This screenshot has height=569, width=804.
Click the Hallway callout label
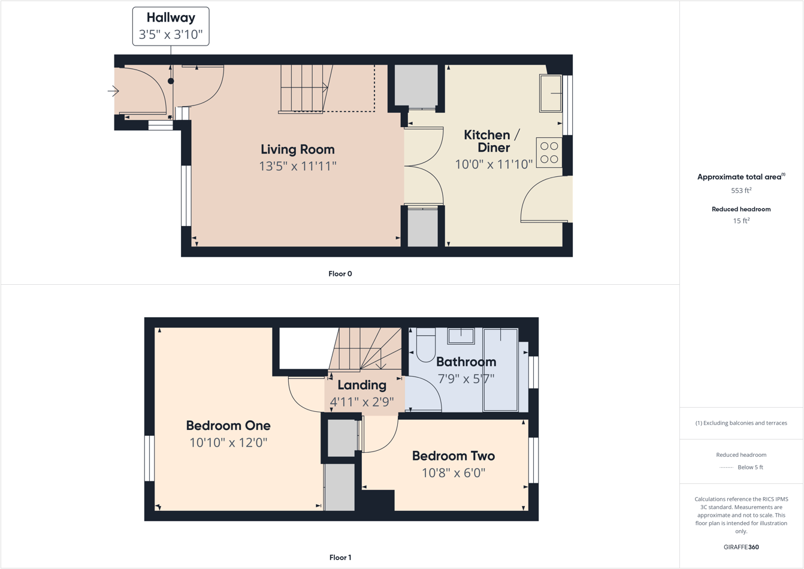171,26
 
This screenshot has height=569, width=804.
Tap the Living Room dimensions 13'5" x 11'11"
298,166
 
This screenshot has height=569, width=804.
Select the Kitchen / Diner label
493,141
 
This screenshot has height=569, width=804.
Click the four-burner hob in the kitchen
549,152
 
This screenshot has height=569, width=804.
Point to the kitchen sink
551,93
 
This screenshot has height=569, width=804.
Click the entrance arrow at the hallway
113,91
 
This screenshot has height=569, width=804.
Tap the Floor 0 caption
340,274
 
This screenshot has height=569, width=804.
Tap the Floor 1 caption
340,558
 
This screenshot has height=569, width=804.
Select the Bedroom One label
228,426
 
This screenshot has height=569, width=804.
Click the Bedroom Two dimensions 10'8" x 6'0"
454,473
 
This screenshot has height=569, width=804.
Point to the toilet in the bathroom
425,346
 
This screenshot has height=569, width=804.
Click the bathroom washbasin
461,336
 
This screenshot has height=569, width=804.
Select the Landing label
362,385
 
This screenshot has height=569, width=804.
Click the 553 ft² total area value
741,191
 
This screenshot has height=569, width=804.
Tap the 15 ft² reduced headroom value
741,221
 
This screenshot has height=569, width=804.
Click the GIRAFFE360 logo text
741,547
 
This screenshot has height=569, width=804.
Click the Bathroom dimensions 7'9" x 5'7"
466,379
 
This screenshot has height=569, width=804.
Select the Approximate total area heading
740,177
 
